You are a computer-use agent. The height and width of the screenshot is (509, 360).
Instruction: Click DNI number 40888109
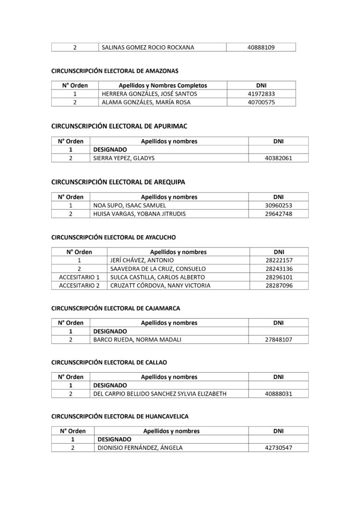261,48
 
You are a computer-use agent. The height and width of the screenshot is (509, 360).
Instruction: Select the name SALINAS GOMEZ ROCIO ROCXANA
148,48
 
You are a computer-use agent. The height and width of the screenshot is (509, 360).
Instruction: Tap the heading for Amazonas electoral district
115,71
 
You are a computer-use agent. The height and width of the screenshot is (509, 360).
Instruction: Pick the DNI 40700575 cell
261,102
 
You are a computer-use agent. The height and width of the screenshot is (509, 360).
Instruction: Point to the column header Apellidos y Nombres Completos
163,85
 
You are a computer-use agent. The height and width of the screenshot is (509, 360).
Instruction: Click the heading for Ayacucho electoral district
114,238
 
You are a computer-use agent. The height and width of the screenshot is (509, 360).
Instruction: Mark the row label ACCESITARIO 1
80,277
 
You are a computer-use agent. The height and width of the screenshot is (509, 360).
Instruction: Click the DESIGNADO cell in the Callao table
110,385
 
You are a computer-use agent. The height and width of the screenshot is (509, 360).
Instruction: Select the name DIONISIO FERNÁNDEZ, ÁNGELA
140,448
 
